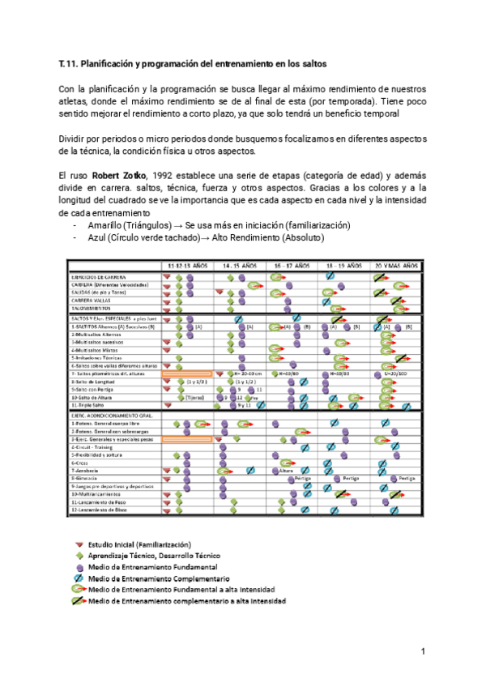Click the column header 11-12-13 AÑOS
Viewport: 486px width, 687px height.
[188, 265]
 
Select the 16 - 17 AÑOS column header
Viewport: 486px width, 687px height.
[293, 265]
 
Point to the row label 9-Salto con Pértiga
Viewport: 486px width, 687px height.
[96, 389]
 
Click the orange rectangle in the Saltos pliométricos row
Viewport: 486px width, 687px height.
[187, 373]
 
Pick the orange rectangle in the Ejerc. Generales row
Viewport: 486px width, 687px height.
[187, 438]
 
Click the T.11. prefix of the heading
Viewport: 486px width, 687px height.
[70, 63]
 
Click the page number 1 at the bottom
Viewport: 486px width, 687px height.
[423, 651]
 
